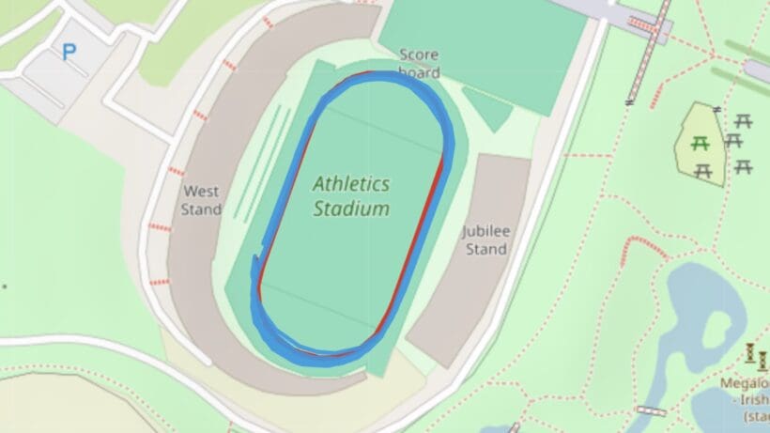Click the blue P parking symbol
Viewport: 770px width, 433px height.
tap(69, 53)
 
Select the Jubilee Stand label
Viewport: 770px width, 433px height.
tap(485, 240)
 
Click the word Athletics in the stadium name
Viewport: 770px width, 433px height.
tap(351, 183)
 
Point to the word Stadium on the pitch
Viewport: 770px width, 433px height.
tap(350, 209)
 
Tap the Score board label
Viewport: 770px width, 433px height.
tap(419, 63)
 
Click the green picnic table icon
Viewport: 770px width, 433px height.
tap(699, 144)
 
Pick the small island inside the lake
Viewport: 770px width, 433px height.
tap(717, 332)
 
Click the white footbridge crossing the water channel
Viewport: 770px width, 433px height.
tap(651, 410)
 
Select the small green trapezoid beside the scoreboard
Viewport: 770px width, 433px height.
tap(487, 109)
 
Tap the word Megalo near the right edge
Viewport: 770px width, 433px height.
tap(745, 383)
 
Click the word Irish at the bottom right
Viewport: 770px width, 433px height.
tap(755, 399)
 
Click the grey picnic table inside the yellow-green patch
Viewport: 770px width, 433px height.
tap(702, 171)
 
